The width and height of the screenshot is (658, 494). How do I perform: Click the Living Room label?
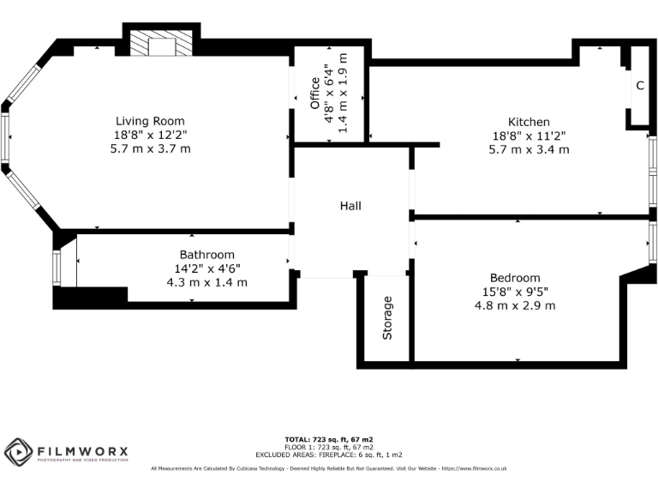pyautogui.click(x=150, y=121)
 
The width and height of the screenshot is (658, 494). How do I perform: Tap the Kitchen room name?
pyautogui.click(x=529, y=122)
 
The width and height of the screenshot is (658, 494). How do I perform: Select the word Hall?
pyautogui.click(x=350, y=206)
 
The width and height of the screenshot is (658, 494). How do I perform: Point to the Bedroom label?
pyautogui.click(x=515, y=277)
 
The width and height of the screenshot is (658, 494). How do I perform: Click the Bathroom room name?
pyautogui.click(x=206, y=255)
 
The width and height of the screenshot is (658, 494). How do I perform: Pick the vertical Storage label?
pyautogui.click(x=387, y=317)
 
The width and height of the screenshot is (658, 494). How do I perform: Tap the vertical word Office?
pyautogui.click(x=314, y=94)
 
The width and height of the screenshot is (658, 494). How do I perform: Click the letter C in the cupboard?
pyautogui.click(x=639, y=85)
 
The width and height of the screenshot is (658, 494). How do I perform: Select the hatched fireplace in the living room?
pyautogui.click(x=160, y=46)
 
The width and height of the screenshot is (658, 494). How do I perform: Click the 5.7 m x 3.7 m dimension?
pyautogui.click(x=150, y=148)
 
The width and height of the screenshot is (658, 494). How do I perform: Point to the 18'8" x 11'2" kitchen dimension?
pyautogui.click(x=529, y=136)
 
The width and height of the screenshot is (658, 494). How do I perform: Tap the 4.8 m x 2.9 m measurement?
pyautogui.click(x=515, y=304)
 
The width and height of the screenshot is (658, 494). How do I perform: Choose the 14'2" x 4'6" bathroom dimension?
pyautogui.click(x=206, y=268)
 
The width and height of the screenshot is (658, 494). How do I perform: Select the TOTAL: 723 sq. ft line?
pyautogui.click(x=328, y=439)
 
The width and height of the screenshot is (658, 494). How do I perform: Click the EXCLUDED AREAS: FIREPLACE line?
pyautogui.click(x=328, y=455)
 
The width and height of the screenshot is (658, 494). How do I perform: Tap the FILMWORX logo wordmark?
pyautogui.click(x=82, y=449)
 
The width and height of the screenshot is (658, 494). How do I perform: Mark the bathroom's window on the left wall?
pyautogui.click(x=57, y=268)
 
